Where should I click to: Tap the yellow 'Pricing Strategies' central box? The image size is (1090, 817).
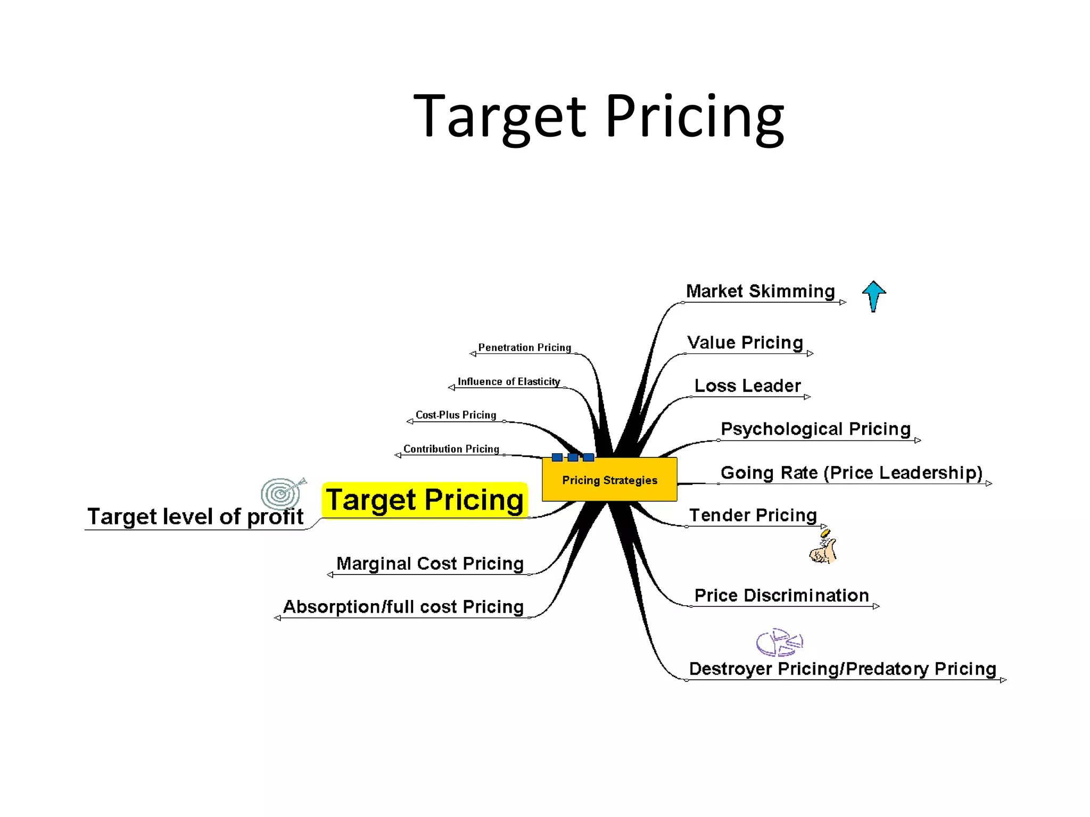609,480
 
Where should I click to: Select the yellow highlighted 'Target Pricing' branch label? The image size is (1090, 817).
425,500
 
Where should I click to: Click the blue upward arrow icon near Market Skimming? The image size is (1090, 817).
873,296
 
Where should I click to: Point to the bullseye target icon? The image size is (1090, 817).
282,493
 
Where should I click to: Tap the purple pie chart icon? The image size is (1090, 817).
779,642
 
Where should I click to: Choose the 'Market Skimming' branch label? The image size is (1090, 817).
760,291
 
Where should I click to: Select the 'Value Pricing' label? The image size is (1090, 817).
745,343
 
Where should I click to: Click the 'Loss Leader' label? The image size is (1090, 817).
747,386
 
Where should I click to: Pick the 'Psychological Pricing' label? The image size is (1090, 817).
815,429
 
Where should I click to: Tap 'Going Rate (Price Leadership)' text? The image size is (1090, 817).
851,472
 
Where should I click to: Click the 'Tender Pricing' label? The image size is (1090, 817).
753,515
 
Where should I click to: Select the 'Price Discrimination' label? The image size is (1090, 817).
781,595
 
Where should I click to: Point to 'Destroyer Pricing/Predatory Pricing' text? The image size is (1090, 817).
842,669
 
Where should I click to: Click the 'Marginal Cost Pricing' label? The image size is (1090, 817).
430,563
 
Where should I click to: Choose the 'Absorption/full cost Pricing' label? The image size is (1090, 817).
403,606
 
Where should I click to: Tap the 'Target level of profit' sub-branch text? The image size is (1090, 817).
195,516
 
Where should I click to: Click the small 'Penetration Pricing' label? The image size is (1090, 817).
524,347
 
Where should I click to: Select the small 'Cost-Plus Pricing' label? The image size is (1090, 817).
456,415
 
